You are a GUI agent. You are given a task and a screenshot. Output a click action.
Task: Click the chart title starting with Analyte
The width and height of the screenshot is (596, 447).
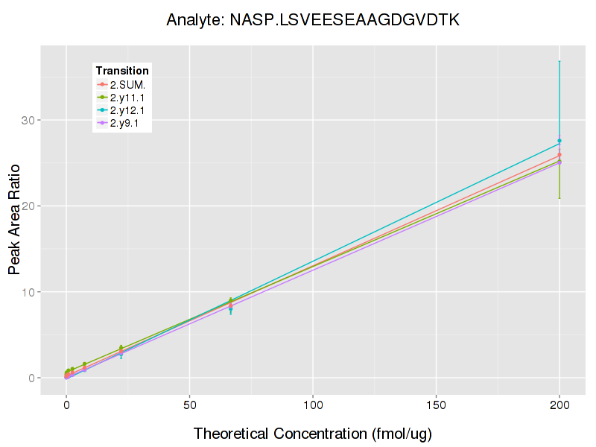313,20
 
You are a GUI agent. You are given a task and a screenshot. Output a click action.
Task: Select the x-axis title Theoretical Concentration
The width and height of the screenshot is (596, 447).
313,433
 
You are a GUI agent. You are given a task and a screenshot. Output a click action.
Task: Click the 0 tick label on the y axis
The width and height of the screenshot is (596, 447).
34,378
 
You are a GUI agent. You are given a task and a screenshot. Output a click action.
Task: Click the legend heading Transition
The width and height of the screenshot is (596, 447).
122,71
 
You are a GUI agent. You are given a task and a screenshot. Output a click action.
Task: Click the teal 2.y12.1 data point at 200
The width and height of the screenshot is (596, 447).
559,141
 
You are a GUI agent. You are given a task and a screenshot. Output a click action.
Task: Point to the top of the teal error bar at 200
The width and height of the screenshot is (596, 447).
559,61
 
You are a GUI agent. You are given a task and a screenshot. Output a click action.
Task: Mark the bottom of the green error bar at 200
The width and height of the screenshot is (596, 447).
559,198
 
